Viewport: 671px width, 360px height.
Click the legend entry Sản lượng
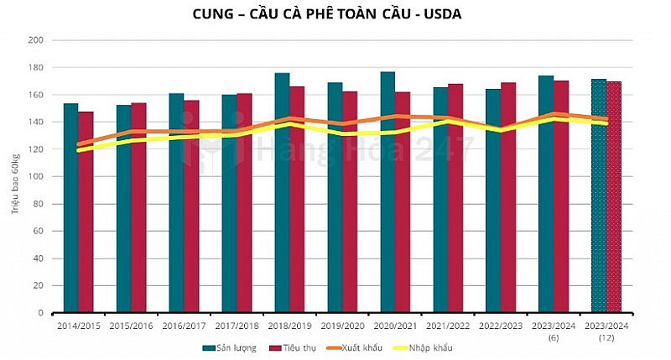[231, 347]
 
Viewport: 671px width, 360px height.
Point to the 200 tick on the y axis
[36, 40]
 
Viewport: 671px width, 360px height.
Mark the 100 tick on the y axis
[36, 176]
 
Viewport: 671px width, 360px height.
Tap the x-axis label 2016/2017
[184, 324]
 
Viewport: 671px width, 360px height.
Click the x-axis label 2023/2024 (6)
[554, 329]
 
